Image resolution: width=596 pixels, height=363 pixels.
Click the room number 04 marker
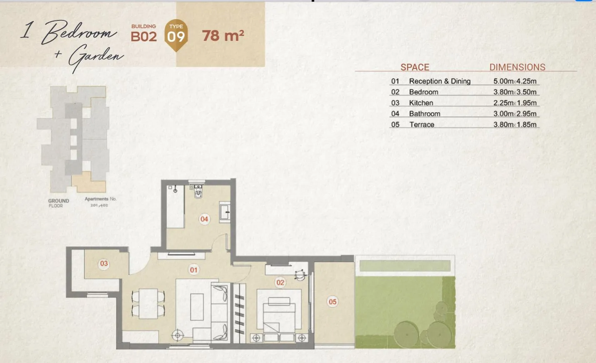pyautogui.click(x=204, y=219)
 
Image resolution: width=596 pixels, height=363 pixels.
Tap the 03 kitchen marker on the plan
pyautogui.click(x=104, y=263)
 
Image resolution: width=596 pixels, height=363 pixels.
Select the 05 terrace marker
pyautogui.click(x=332, y=302)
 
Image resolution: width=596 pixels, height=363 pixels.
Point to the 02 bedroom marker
pyautogui.click(x=280, y=283)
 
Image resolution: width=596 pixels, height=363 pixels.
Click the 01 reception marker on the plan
pyautogui.click(x=194, y=270)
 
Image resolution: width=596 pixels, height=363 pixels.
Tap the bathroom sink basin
pyautogui.click(x=225, y=212)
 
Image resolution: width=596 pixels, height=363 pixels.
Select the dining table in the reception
pyautogui.click(x=148, y=304)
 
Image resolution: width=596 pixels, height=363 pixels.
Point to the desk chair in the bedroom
pyautogui.click(x=300, y=275)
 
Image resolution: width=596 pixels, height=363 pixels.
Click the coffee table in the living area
pyautogui.click(x=197, y=307)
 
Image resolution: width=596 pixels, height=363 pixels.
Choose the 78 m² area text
pyautogui.click(x=223, y=36)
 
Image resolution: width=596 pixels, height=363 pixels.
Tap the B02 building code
pyautogui.click(x=144, y=36)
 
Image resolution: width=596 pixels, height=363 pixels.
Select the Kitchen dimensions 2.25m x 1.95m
pyautogui.click(x=515, y=103)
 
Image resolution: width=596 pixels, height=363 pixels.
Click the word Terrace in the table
pyautogui.click(x=422, y=125)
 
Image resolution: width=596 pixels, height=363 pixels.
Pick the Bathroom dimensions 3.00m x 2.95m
pyautogui.click(x=515, y=114)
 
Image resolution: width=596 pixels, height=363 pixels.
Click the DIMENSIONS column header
pyautogui.click(x=517, y=67)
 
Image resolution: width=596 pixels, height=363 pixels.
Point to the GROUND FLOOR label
pyautogui.click(x=58, y=203)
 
